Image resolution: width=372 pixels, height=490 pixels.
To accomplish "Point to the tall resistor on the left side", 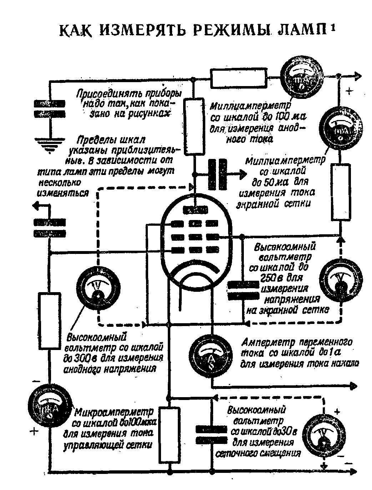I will click(x=49, y=321).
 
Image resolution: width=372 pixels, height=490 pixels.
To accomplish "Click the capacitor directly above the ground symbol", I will click(x=50, y=109).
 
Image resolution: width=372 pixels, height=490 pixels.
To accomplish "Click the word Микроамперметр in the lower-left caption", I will click(x=114, y=413).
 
